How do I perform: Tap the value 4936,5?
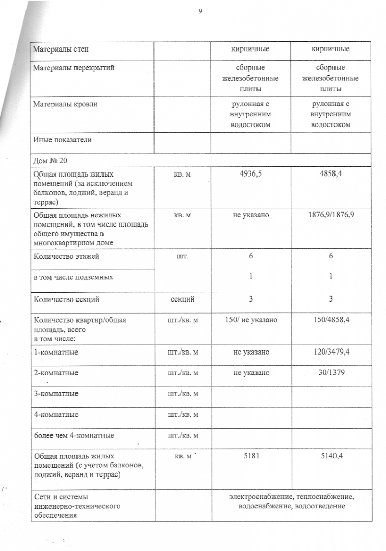[251, 174]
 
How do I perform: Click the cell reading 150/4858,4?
[331, 320]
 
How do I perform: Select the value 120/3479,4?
[331, 352]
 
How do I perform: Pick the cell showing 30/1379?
[331, 373]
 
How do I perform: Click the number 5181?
[251, 456]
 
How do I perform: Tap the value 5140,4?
[331, 456]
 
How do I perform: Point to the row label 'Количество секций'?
[66, 299]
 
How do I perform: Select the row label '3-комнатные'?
[56, 394]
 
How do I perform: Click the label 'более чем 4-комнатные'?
[73, 435]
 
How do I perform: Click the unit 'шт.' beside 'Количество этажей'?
[182, 256]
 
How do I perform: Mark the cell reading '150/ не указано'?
[251, 320]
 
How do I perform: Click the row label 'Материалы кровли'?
[65, 104]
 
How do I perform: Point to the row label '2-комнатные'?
[56, 373]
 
